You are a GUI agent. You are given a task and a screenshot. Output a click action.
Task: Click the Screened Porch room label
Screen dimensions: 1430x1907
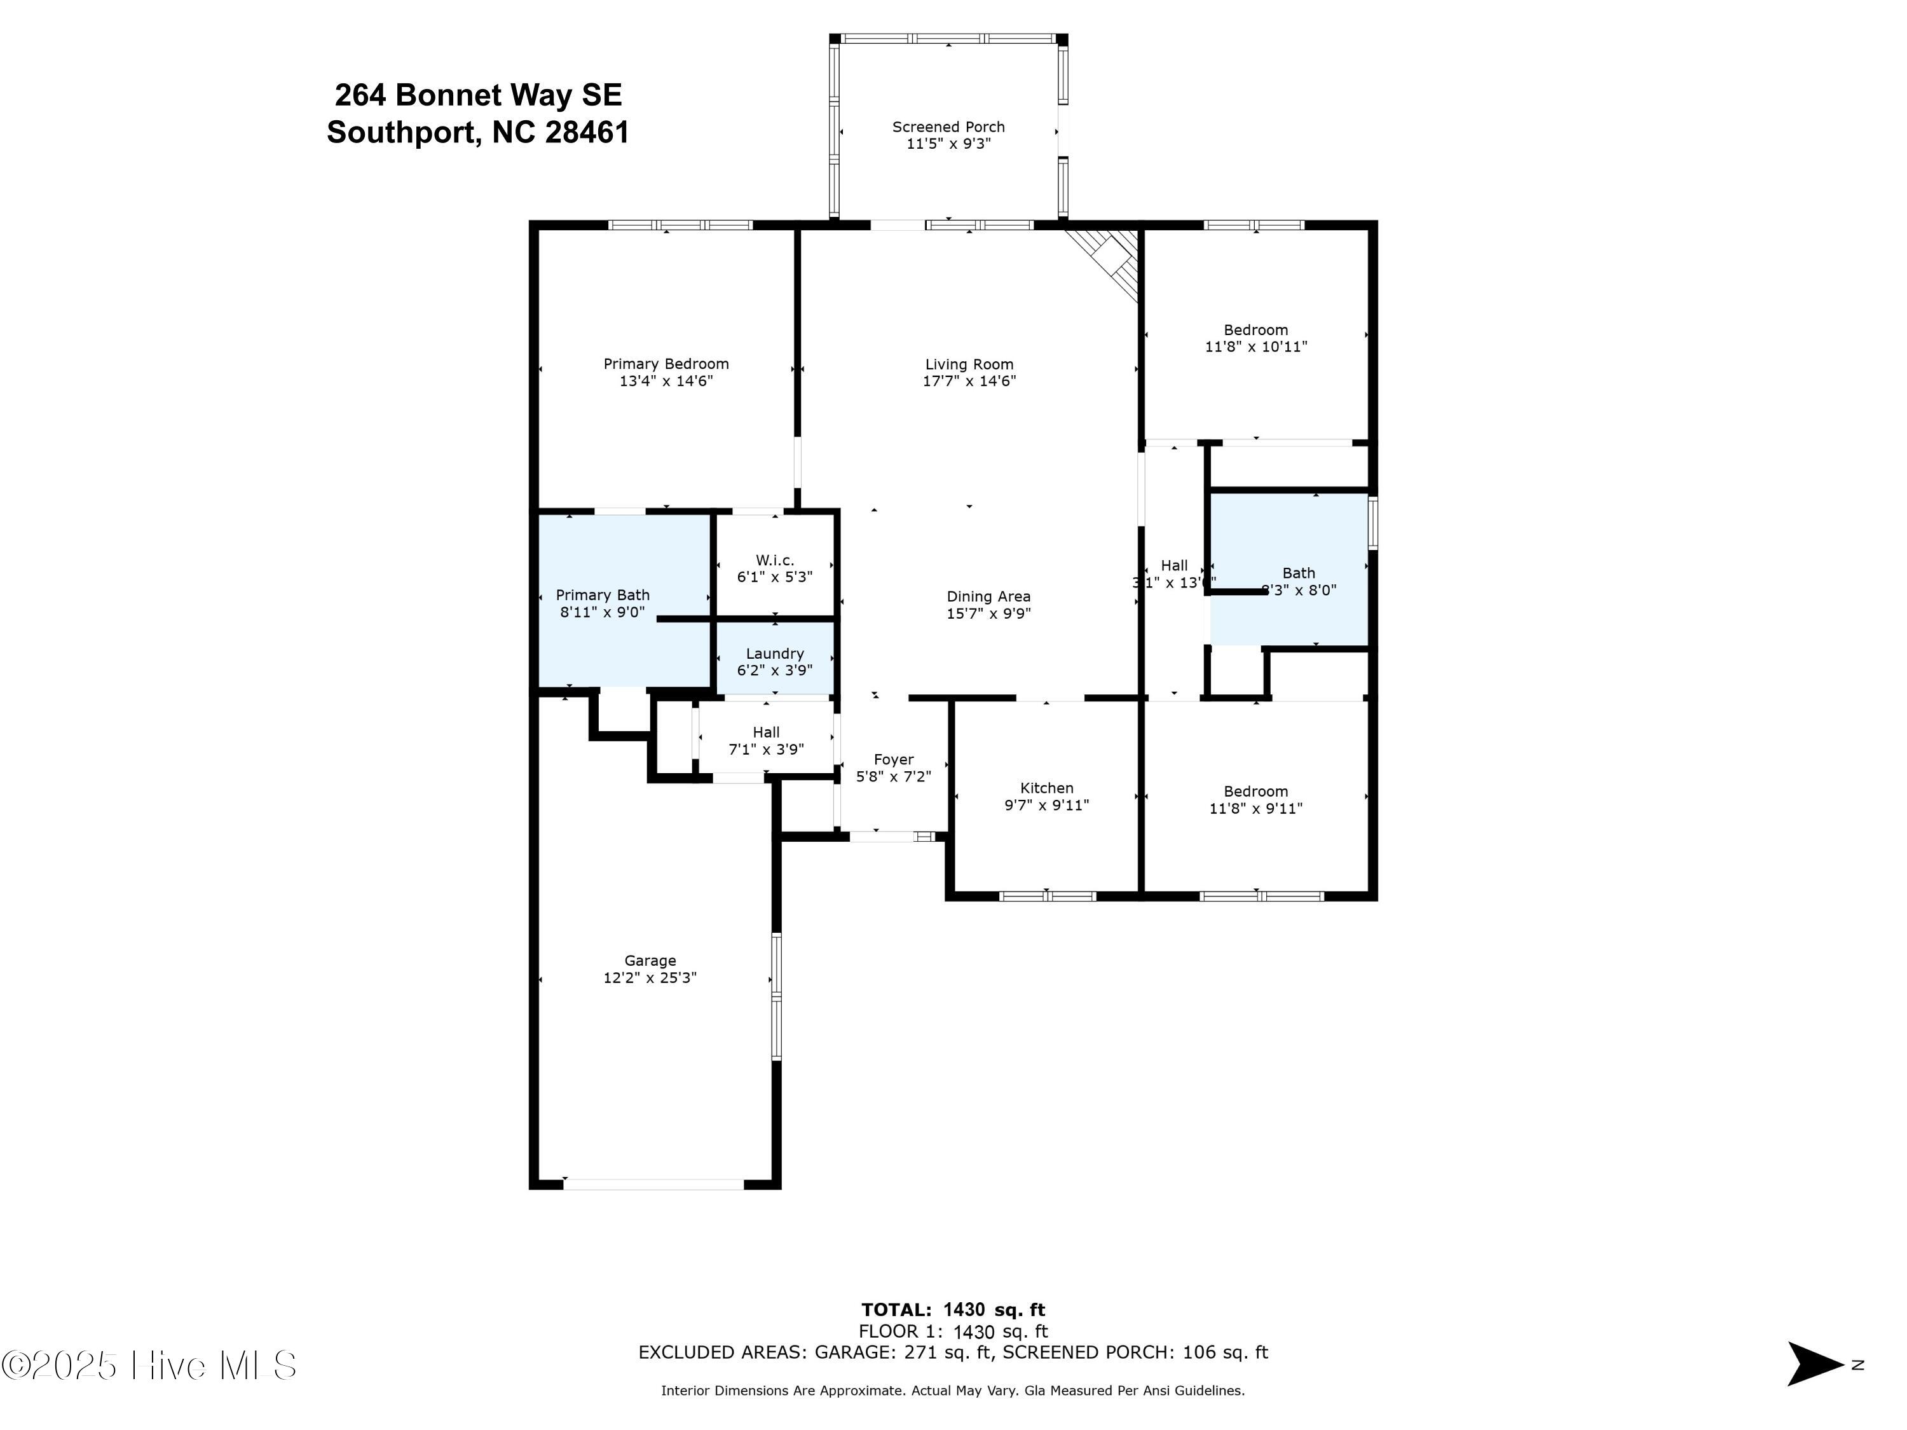point(948,127)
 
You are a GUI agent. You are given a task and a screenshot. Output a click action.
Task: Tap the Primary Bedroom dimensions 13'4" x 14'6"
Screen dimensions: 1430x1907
point(666,380)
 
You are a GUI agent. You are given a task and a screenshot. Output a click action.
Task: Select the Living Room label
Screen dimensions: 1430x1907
point(969,364)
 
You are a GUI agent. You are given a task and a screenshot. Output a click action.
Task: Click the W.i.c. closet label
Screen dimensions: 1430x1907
point(774,560)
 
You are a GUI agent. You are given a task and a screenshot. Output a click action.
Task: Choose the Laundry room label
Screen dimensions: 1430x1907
point(774,654)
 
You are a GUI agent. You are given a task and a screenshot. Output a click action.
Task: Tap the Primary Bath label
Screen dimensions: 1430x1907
point(602,595)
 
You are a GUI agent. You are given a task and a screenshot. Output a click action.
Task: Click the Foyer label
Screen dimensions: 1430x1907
point(893,759)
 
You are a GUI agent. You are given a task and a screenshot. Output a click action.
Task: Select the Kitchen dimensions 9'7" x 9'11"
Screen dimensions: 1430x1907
point(1046,805)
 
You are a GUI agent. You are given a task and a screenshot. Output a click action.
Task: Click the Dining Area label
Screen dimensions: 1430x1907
point(988,596)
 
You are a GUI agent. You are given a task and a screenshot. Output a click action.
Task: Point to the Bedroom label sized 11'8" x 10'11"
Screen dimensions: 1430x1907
point(1255,329)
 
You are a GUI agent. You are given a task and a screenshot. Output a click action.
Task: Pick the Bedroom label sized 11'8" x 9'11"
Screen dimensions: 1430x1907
point(1255,791)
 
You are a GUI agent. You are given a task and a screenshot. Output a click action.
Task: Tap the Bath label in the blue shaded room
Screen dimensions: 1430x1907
point(1298,573)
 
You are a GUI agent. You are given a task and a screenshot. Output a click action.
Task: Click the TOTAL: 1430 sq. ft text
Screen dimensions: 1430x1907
point(953,1310)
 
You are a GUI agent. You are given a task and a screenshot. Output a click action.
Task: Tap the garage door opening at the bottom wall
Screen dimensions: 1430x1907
point(653,1184)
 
